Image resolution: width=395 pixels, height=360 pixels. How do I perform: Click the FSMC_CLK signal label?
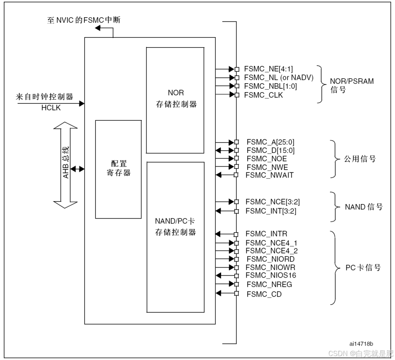tap(264, 95)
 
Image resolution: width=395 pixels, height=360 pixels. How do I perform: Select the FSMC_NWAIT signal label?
tap(270, 175)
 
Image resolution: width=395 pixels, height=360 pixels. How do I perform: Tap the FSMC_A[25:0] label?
tap(271, 142)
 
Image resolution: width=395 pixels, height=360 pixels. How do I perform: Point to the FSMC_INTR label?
tap(266, 233)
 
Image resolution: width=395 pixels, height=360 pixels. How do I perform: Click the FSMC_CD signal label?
tap(264, 294)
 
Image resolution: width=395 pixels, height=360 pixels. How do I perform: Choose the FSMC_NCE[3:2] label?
tap(273, 202)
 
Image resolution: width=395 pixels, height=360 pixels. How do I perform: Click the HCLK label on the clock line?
tap(51, 108)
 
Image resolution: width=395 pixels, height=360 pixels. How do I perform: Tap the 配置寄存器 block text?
tap(119, 168)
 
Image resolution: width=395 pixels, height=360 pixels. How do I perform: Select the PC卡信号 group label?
tap(363, 267)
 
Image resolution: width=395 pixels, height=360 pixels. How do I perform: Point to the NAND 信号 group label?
tap(364, 207)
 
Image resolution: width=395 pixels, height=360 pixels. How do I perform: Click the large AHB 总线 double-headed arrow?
tap(66, 165)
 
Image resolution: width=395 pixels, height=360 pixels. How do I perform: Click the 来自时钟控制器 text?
tap(45, 97)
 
